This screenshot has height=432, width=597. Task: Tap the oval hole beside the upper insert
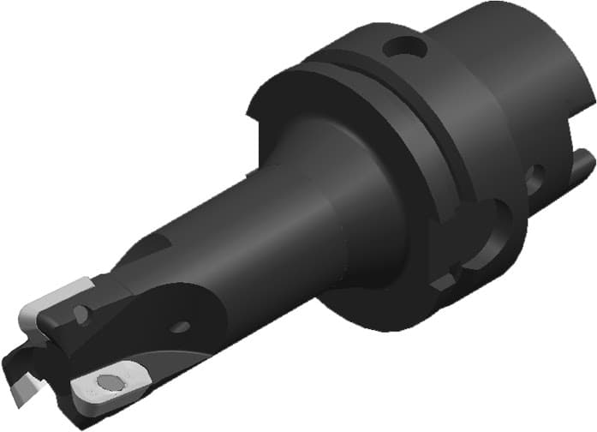81,315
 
